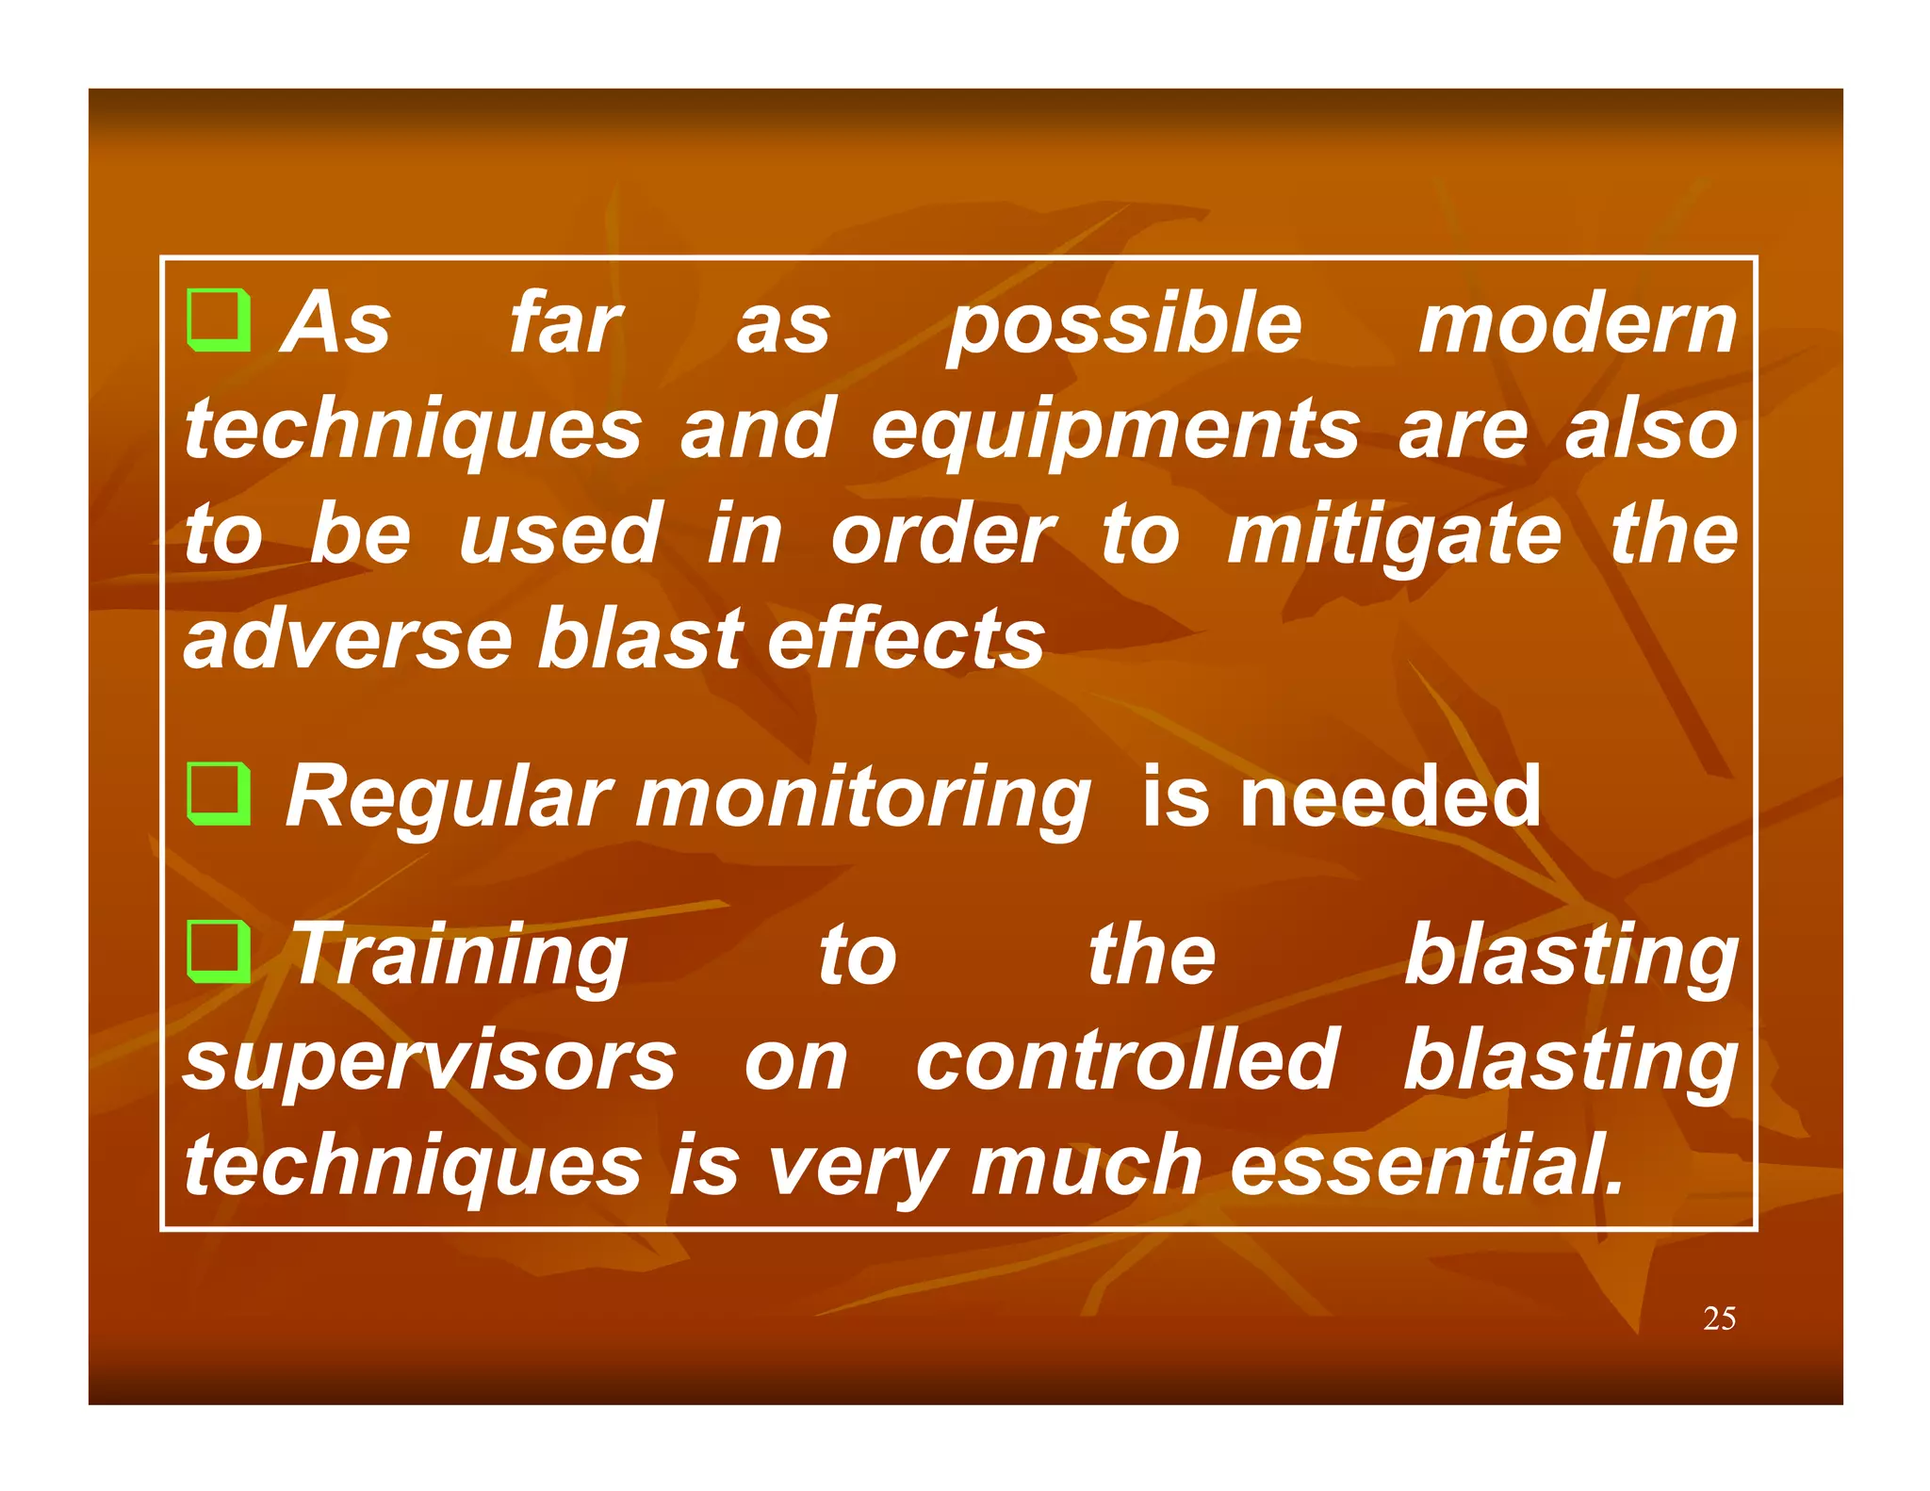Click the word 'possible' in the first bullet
1124,326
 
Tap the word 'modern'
1578,324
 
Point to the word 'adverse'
346,640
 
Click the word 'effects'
906,640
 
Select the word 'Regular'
450,798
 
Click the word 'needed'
1390,798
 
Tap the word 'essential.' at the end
1428,1166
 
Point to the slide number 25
1719,1319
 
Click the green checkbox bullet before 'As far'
219,320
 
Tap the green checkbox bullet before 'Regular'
219,795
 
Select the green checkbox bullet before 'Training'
219,952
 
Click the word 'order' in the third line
942,535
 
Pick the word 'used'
560,534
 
